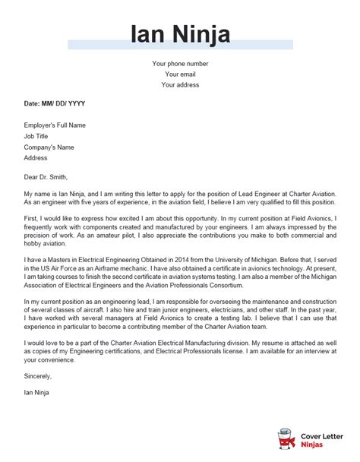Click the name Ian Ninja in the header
tap(179, 35)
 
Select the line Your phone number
tap(179, 63)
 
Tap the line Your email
tap(179, 74)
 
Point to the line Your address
tap(179, 85)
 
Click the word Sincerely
tap(38, 396)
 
